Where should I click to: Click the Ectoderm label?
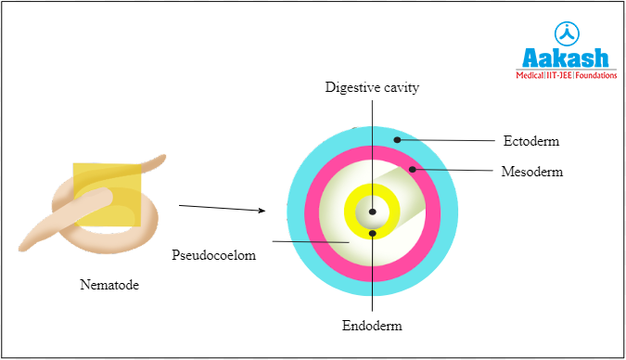[x=531, y=141]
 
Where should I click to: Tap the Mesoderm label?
[x=532, y=172]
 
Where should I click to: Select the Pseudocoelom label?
[x=212, y=253]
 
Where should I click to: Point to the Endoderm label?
[x=372, y=326]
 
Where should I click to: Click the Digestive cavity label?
[x=372, y=88]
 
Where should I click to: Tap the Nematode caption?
[x=109, y=285]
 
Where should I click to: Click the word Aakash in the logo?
[x=567, y=57]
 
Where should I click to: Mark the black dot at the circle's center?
[x=373, y=212]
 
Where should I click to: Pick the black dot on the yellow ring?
[x=373, y=234]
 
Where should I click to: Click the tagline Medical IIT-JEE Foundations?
[x=567, y=75]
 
